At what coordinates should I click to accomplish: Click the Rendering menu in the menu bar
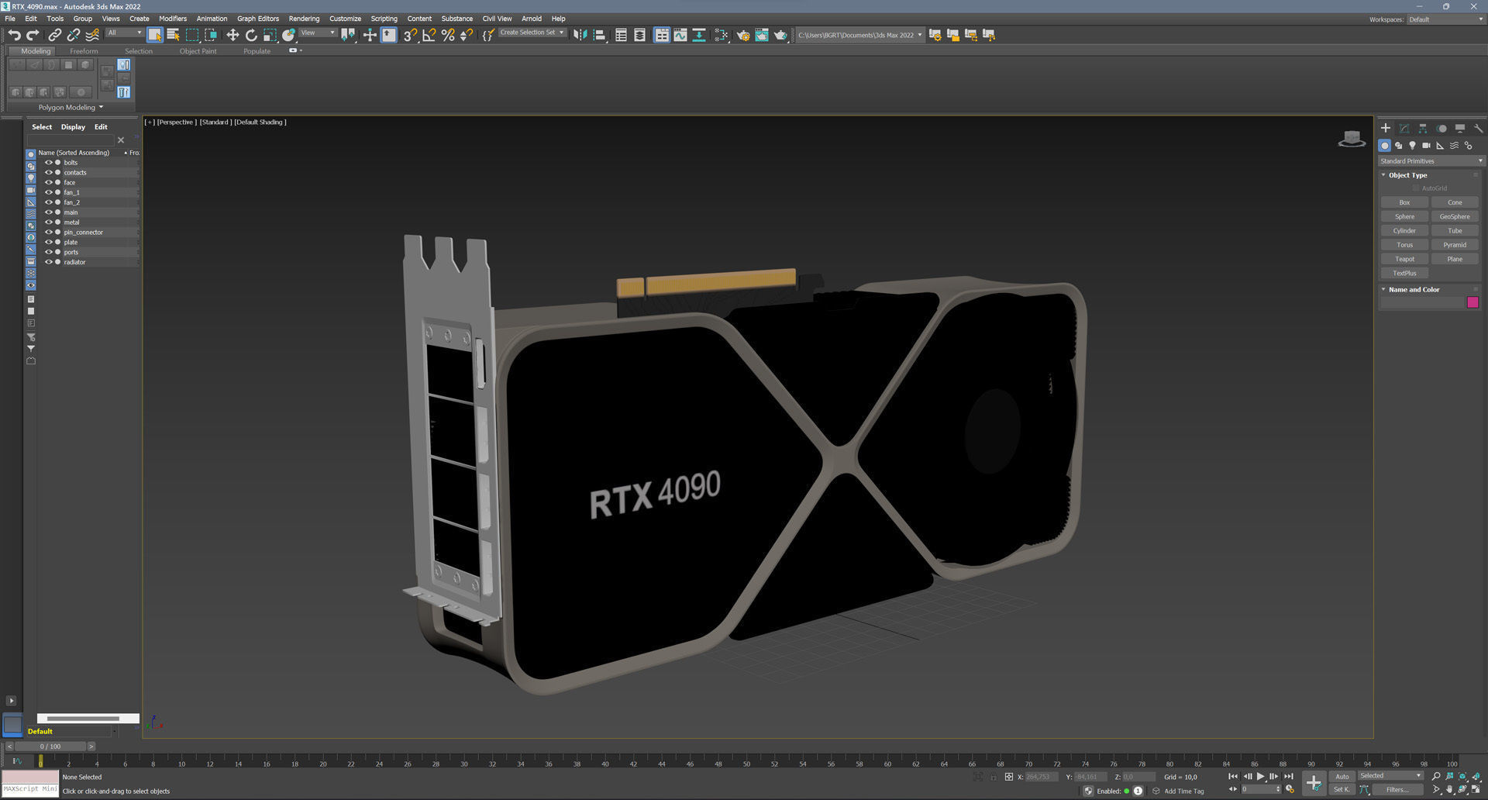pyautogui.click(x=304, y=19)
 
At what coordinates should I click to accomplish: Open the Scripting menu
pyautogui.click(x=384, y=19)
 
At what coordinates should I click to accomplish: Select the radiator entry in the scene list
pyautogui.click(x=74, y=262)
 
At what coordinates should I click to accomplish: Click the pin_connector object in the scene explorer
pyautogui.click(x=83, y=233)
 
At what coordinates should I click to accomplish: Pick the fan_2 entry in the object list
pyautogui.click(x=71, y=202)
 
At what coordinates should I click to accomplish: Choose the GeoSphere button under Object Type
pyautogui.click(x=1454, y=217)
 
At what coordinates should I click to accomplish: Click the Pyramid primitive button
pyautogui.click(x=1454, y=245)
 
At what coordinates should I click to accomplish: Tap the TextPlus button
pyautogui.click(x=1404, y=273)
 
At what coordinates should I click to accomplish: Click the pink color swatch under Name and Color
pyautogui.click(x=1472, y=302)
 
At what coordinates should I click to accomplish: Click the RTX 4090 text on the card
pyautogui.click(x=655, y=493)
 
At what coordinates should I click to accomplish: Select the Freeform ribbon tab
pyautogui.click(x=84, y=51)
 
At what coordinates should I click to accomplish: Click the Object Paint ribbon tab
pyautogui.click(x=198, y=51)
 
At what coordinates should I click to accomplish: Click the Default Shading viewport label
pyautogui.click(x=260, y=122)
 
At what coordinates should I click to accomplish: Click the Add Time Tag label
pyautogui.click(x=1183, y=791)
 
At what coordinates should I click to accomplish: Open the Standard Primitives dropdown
pyautogui.click(x=1430, y=161)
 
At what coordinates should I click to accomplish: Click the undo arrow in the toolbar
pyautogui.click(x=15, y=35)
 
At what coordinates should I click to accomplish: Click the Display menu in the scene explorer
pyautogui.click(x=73, y=127)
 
